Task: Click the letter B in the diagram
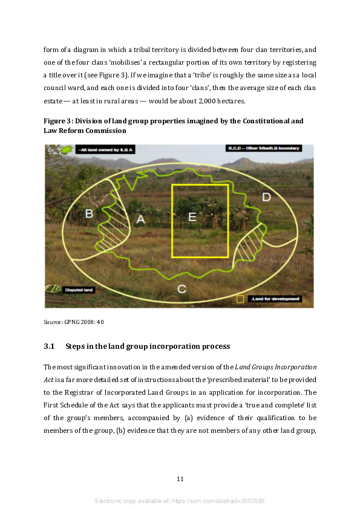tap(88, 213)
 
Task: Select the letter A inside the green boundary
tap(140, 220)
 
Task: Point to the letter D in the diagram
tap(266, 197)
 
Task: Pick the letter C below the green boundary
tap(182, 289)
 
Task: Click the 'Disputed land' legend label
tap(79, 290)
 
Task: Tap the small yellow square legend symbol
tap(240, 299)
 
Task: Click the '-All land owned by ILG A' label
tap(97, 149)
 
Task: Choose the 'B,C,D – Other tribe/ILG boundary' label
tap(263, 148)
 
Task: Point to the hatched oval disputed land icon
tap(53, 290)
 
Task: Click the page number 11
tap(180, 479)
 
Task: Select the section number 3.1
tap(49, 346)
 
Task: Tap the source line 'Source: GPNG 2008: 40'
tap(74, 322)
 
